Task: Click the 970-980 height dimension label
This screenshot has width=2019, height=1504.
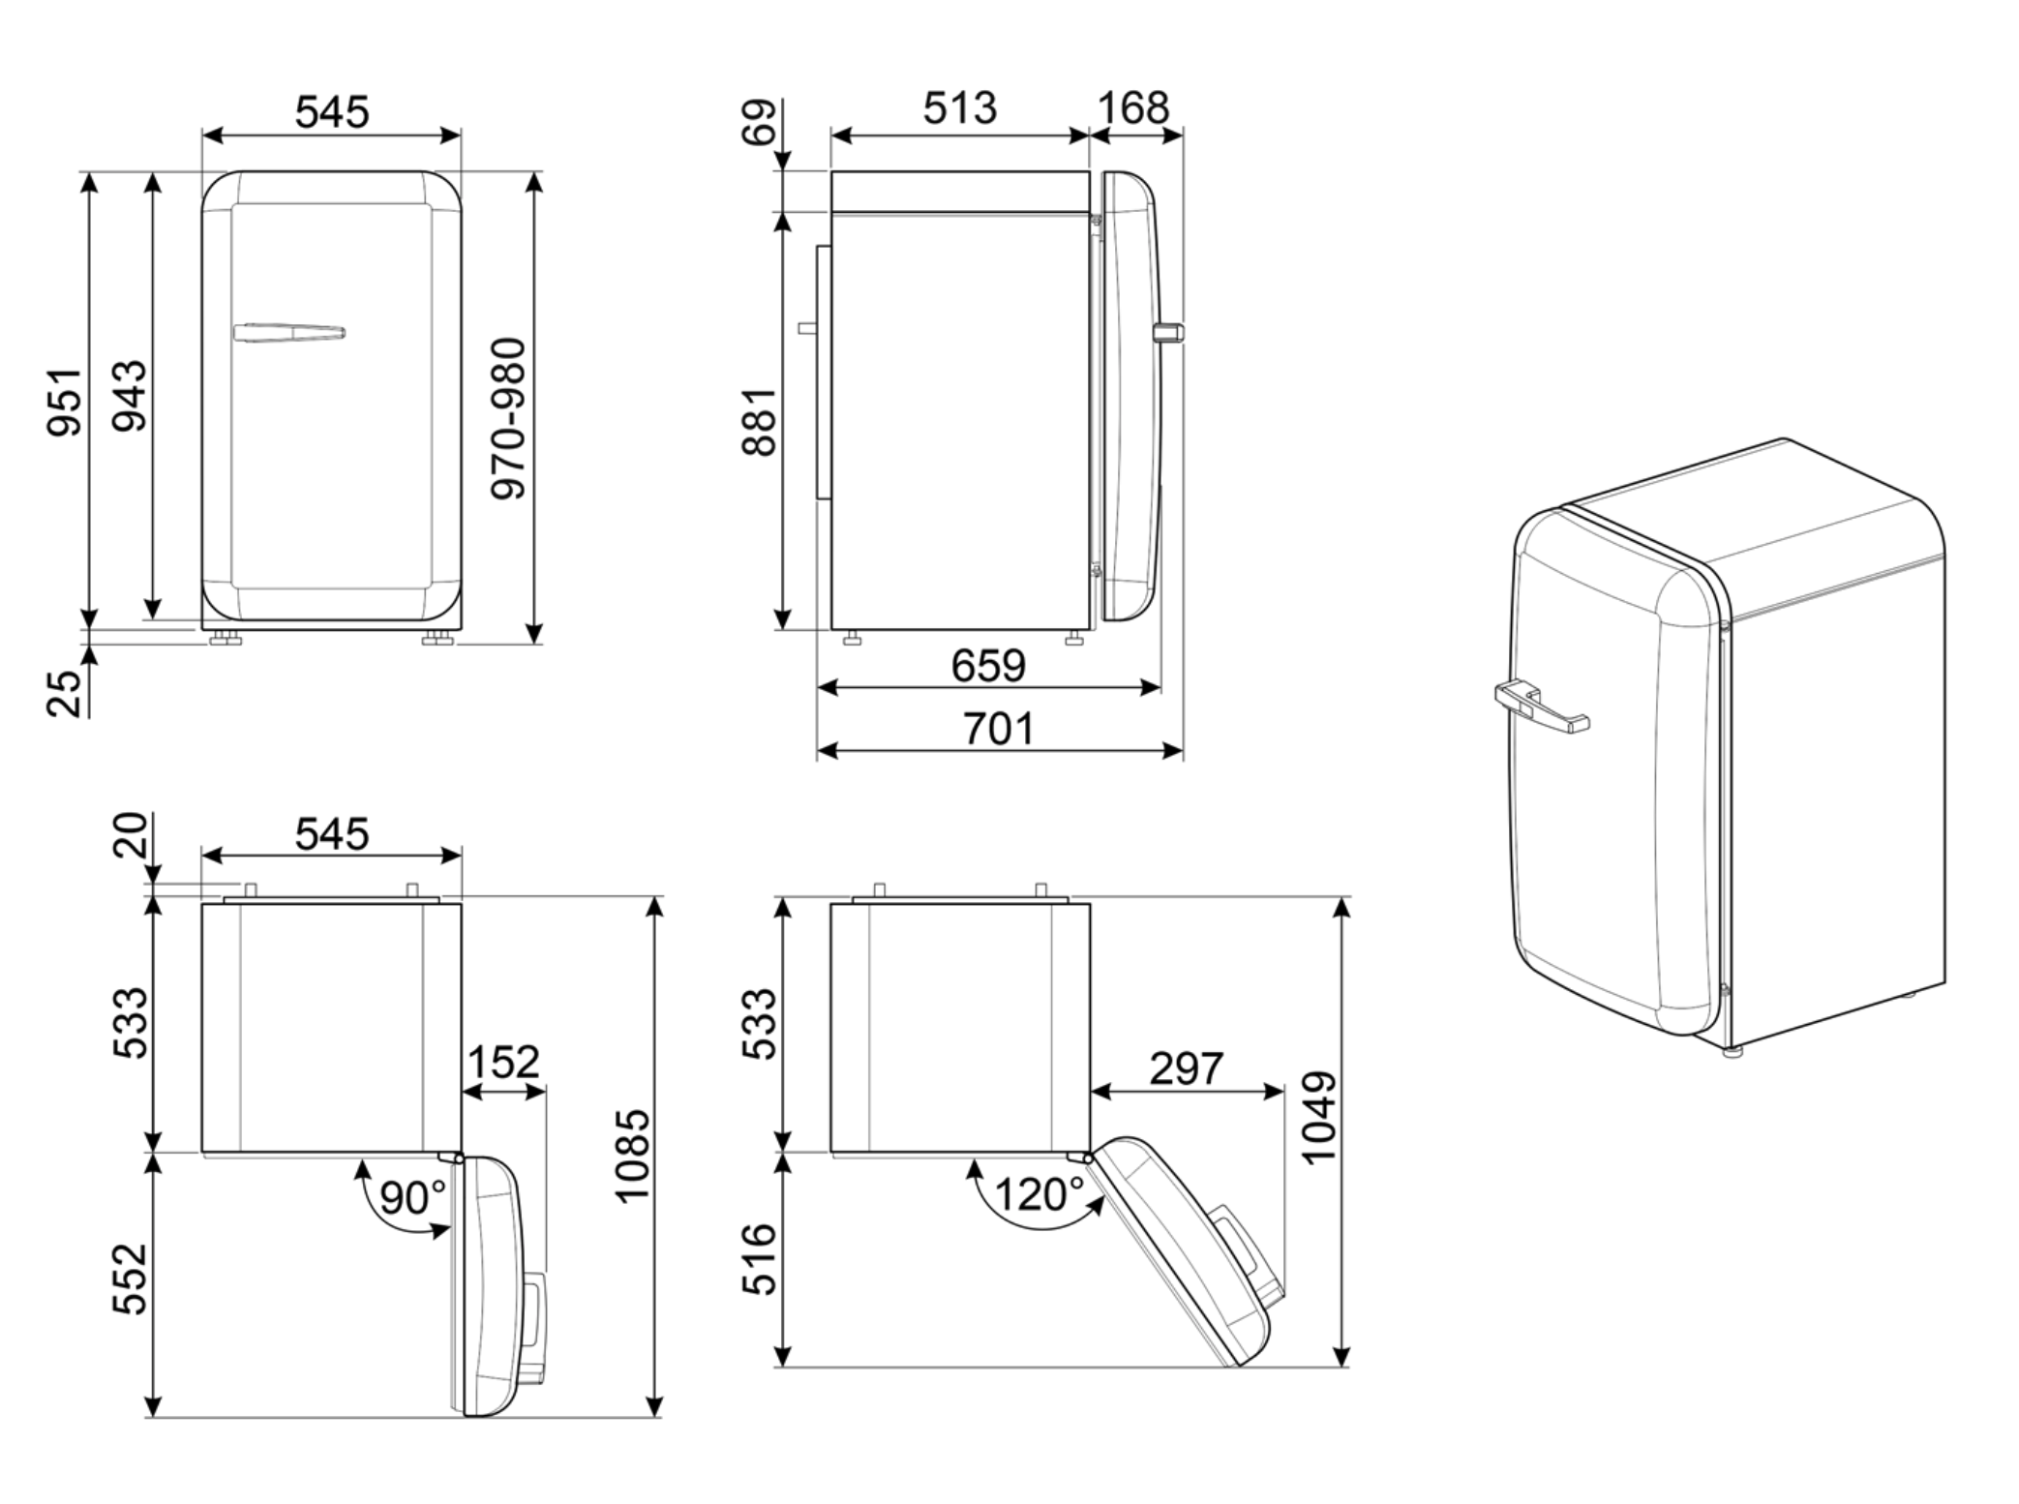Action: (508, 418)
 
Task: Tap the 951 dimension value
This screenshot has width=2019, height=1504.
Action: (65, 401)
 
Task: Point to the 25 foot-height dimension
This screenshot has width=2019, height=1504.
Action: (65, 693)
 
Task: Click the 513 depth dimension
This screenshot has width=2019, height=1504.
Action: (959, 107)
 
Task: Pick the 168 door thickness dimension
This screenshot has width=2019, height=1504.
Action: (1133, 107)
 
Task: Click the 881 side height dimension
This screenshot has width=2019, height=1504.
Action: (760, 421)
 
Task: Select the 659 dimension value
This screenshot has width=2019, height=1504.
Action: (988, 666)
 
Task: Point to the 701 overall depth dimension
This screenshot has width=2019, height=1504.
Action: (998, 729)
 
